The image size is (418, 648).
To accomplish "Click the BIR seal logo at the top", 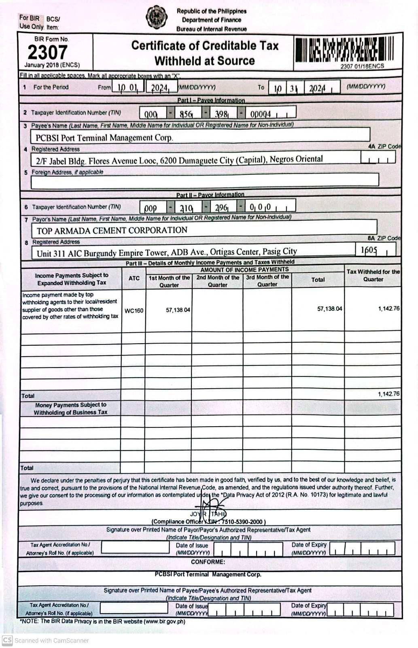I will [x=157, y=17].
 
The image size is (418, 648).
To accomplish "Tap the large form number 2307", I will [x=47, y=53].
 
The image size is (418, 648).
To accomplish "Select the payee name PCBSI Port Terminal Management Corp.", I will [x=104, y=138].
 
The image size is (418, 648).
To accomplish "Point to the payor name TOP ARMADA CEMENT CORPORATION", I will [x=112, y=230].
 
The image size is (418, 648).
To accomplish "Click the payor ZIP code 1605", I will [x=369, y=250].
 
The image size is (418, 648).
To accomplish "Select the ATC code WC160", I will [x=134, y=311].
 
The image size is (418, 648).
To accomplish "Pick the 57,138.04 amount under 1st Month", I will [x=178, y=310].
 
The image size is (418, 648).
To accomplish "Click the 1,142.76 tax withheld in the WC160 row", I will [x=388, y=308].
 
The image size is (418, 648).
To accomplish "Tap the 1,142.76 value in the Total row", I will [x=388, y=394].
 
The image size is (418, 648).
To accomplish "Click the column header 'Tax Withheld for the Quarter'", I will [x=373, y=275].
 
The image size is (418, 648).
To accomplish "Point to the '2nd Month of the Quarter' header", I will [x=218, y=281].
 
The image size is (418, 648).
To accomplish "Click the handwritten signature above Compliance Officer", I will [x=210, y=508].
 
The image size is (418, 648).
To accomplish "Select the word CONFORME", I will [x=208, y=562].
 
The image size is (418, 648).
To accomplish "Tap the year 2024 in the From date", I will [x=160, y=88].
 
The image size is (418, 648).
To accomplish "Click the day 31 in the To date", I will [x=293, y=88].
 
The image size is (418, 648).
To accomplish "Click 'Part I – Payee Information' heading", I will [x=211, y=100].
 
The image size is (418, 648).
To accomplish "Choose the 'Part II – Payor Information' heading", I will [x=210, y=195].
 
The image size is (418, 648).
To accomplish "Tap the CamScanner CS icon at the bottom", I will [x=7, y=640].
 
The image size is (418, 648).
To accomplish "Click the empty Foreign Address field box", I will [x=204, y=180].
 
